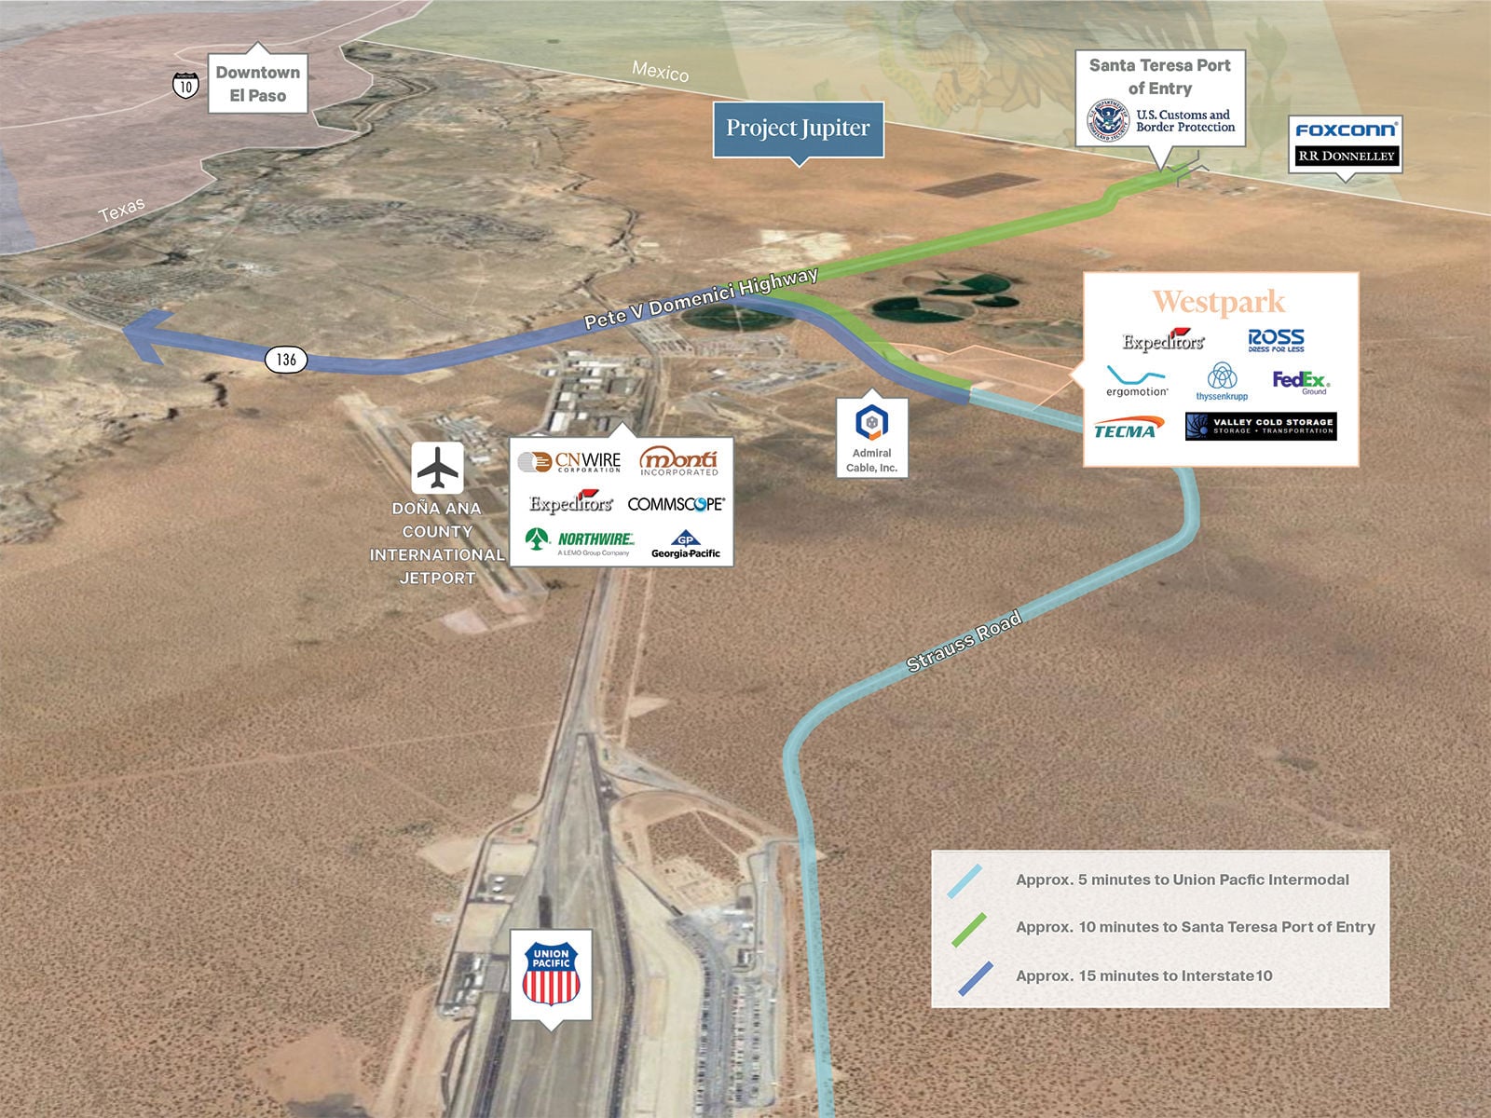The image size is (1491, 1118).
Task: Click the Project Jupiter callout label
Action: point(798,129)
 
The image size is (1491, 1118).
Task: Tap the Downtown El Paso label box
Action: point(257,84)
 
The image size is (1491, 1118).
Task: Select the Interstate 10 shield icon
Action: point(185,85)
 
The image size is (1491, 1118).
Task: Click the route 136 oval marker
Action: point(286,360)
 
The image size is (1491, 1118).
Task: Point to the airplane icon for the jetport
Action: point(438,468)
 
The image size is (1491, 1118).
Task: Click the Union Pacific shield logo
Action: point(551,975)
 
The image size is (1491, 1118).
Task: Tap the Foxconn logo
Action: point(1346,130)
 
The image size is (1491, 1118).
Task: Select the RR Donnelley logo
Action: point(1346,156)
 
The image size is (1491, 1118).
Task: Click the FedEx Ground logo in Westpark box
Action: point(1301,382)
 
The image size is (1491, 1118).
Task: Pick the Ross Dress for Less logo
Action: point(1276,340)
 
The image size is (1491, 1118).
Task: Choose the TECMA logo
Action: point(1126,429)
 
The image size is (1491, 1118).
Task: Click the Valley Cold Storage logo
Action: point(1261,426)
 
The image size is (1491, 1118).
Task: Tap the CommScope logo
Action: point(676,504)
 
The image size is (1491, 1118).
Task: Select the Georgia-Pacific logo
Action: point(686,545)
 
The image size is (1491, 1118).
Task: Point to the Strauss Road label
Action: point(964,641)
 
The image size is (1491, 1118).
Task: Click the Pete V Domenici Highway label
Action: point(701,298)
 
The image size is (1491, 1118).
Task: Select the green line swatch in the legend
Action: point(968,928)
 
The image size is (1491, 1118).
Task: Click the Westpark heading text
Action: point(1219,302)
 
